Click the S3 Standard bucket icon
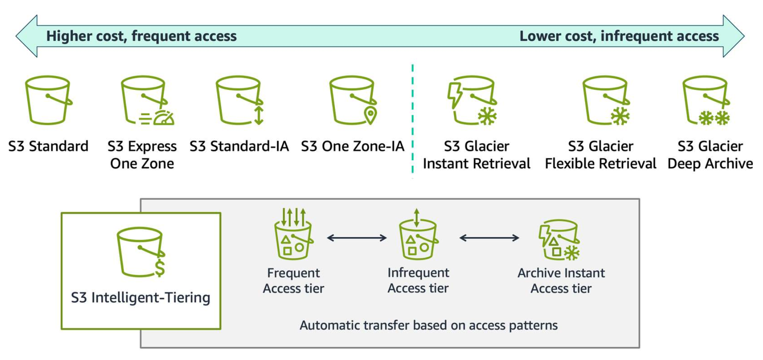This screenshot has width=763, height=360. click(48, 100)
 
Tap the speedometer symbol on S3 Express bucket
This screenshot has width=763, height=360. click(164, 118)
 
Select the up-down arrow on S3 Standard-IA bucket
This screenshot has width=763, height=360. click(259, 115)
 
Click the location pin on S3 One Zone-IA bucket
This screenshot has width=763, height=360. click(370, 115)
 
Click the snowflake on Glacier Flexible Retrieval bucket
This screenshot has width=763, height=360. click(620, 116)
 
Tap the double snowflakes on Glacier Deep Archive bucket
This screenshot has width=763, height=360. click(715, 118)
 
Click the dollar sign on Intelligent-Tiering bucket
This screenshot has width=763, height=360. click(160, 268)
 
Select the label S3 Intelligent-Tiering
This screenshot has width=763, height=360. click(140, 298)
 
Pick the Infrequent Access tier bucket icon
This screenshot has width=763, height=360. click(418, 238)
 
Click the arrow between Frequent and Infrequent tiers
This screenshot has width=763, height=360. click(356, 238)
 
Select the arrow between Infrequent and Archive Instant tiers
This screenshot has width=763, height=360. click(489, 238)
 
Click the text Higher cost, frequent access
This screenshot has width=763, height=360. click(141, 36)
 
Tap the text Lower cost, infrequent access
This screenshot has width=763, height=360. click(619, 36)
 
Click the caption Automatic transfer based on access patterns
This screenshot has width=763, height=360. click(429, 325)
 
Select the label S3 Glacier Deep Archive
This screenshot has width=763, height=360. click(710, 155)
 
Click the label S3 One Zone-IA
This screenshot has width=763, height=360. click(352, 146)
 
